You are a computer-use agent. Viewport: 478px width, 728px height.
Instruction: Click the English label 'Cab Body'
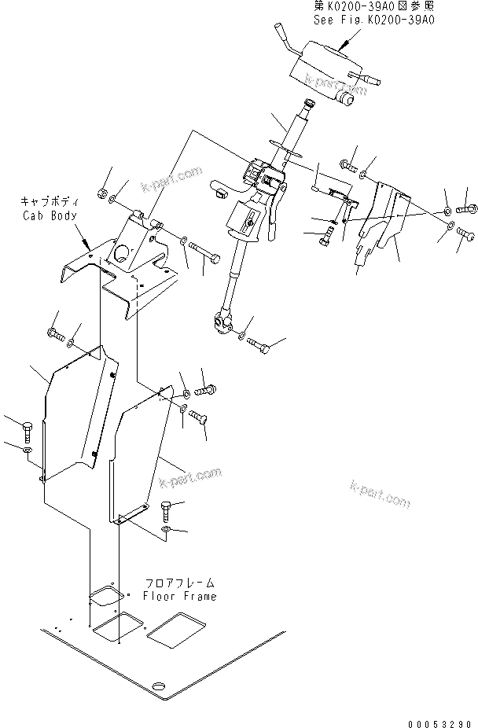click(48, 213)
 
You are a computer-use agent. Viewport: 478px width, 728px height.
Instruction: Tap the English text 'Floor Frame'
click(179, 595)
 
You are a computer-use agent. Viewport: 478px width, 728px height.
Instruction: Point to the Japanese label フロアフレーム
click(179, 583)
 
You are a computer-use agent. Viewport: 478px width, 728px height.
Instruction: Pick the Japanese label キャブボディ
click(48, 201)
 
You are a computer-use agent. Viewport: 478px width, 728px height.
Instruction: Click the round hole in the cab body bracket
click(122, 254)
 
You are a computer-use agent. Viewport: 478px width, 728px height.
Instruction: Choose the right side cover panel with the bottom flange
click(138, 460)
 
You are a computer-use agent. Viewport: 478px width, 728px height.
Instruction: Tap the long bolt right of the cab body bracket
click(204, 253)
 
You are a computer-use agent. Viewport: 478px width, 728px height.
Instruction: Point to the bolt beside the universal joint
click(259, 344)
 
